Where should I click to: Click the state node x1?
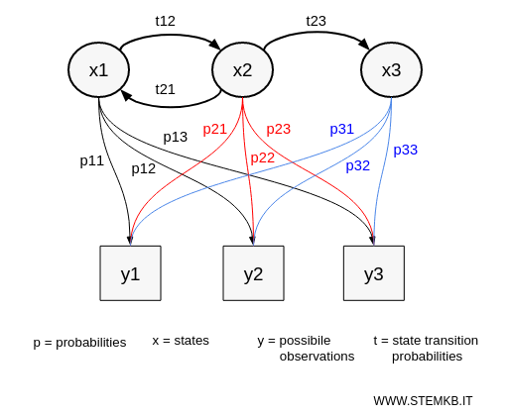(x=99, y=69)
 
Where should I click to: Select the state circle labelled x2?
(x=242, y=69)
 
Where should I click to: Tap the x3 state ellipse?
(x=392, y=69)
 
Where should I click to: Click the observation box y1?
(x=130, y=273)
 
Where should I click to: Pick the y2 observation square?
(x=253, y=273)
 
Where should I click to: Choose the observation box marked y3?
(x=373, y=273)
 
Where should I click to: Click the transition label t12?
(x=165, y=20)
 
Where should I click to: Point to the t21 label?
(x=165, y=89)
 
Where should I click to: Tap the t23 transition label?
(x=316, y=20)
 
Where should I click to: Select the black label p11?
(x=91, y=159)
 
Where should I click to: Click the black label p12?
(x=144, y=168)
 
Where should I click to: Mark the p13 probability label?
(x=176, y=137)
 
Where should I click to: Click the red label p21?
(x=215, y=129)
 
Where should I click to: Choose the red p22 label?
(x=263, y=157)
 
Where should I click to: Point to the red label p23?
(x=279, y=129)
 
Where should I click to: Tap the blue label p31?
(x=342, y=129)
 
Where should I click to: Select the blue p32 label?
(x=358, y=165)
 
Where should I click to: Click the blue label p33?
(x=405, y=150)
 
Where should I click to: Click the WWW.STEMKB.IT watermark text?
(x=423, y=400)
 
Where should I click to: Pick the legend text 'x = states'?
(x=181, y=341)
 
